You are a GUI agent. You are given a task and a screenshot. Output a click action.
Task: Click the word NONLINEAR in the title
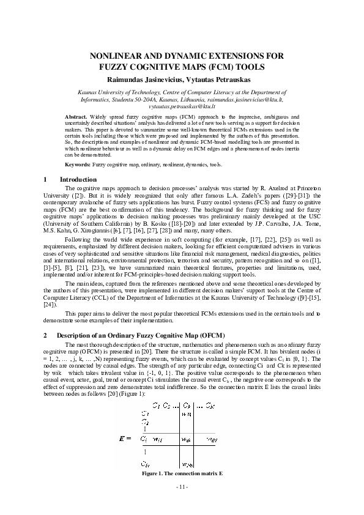click(x=116, y=56)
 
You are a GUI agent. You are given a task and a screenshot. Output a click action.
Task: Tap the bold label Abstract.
click(x=75, y=116)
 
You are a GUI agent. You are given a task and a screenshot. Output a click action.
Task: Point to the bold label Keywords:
click(x=78, y=165)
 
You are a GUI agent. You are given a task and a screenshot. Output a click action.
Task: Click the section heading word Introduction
click(x=78, y=179)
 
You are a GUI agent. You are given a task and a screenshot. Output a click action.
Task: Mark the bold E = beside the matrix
click(x=126, y=439)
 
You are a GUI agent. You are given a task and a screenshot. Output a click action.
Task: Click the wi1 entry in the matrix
click(x=157, y=439)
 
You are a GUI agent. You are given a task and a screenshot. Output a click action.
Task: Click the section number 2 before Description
click(x=46, y=335)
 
